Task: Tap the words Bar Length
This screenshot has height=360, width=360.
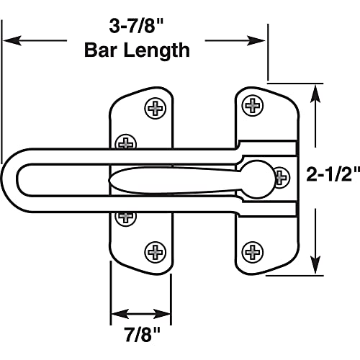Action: coord(137,50)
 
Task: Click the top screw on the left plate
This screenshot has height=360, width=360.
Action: coord(155,109)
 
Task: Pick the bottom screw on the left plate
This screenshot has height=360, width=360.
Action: coord(155,251)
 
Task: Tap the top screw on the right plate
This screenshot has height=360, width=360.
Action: coord(253,106)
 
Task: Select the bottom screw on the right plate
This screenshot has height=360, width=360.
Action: coord(253,251)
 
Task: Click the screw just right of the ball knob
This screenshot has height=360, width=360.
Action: coord(282,176)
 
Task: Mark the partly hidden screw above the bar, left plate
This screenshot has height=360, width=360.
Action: coord(127,141)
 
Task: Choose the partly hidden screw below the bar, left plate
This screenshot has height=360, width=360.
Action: coord(127,215)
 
